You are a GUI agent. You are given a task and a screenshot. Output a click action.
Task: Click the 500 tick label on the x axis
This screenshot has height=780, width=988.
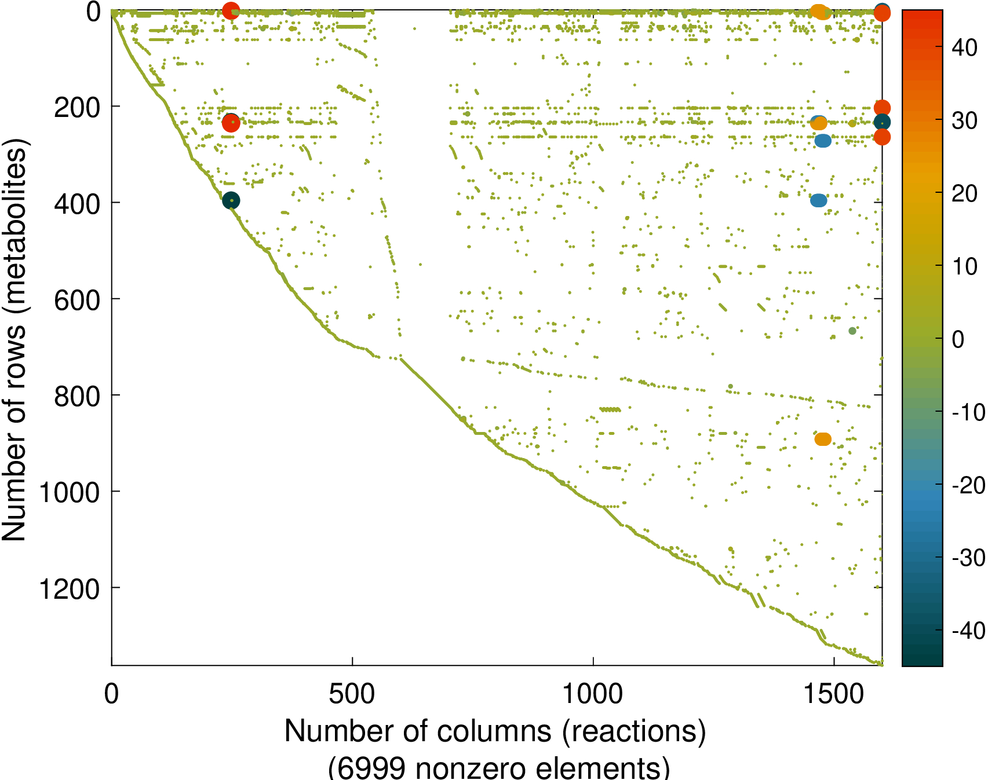(x=352, y=693)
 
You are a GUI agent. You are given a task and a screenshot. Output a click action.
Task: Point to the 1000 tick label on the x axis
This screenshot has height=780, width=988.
(x=593, y=693)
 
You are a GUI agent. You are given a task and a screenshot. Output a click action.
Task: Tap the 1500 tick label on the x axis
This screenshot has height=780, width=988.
(x=833, y=693)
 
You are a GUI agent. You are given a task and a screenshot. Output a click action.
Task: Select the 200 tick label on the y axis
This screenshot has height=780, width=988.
(x=77, y=108)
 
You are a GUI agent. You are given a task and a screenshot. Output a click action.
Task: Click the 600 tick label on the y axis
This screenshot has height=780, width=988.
(x=77, y=300)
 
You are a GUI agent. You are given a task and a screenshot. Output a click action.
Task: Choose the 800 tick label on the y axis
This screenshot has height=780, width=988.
(x=77, y=397)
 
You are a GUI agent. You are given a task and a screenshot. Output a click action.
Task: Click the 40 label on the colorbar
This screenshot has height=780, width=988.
(x=965, y=48)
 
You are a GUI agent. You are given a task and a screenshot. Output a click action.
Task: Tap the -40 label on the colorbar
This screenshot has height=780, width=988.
(x=968, y=630)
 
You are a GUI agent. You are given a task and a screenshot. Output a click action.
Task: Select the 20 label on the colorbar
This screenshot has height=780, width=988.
(x=965, y=193)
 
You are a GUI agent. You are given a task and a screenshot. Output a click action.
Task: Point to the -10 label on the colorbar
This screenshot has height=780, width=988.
(x=968, y=412)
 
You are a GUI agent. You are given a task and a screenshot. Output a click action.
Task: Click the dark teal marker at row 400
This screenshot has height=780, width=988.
(x=231, y=200)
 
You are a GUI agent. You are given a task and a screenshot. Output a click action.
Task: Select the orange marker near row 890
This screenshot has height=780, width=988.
(x=823, y=439)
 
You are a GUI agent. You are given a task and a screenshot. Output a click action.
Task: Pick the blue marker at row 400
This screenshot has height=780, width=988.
(x=818, y=200)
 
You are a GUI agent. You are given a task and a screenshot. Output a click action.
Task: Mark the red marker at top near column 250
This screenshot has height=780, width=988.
(x=231, y=10)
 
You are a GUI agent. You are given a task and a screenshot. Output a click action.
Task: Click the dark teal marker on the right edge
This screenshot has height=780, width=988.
(x=882, y=122)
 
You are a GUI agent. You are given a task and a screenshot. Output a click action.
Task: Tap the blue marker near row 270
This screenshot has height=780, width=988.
(x=823, y=140)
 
